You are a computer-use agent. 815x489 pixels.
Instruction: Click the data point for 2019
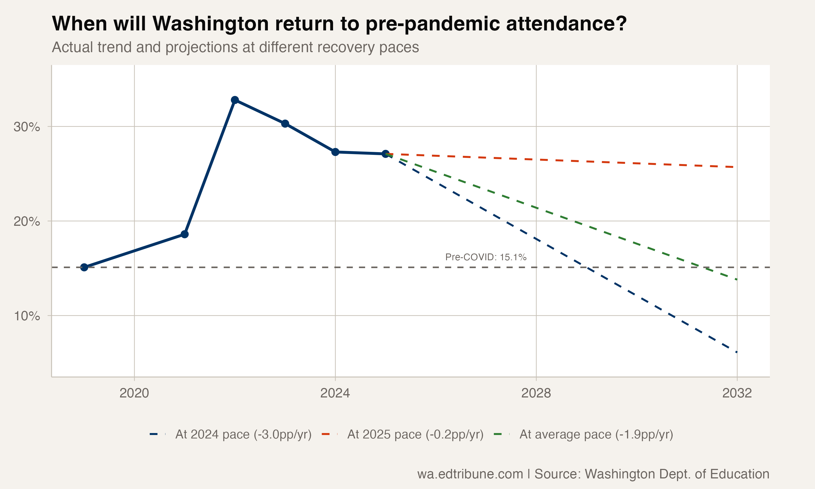click(84, 267)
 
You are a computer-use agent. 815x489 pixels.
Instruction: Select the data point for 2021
click(185, 234)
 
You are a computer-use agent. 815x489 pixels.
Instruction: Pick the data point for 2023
click(285, 124)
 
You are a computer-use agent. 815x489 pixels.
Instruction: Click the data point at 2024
click(335, 152)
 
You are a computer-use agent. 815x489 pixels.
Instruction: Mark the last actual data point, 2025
click(385, 153)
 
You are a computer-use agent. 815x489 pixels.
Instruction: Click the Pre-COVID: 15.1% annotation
click(485, 257)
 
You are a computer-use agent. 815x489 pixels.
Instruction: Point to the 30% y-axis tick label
click(27, 127)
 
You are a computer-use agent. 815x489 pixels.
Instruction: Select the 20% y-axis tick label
click(27, 221)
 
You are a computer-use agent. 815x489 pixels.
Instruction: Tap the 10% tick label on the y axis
click(27, 316)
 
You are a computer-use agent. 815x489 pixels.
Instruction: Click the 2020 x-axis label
click(134, 393)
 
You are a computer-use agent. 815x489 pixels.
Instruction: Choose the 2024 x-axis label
click(335, 393)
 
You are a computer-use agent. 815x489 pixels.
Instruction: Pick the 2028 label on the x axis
click(536, 393)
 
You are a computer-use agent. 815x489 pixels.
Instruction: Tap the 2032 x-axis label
click(737, 393)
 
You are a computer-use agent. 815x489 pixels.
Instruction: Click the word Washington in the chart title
click(211, 24)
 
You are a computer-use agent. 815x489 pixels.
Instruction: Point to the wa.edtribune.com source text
click(470, 474)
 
